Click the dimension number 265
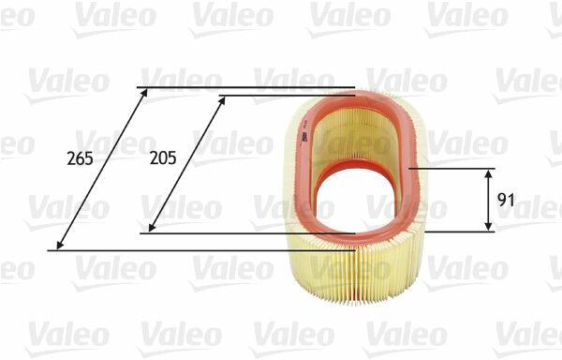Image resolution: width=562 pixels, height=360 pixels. click(80, 158)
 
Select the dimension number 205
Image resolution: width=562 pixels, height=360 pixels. click(163, 157)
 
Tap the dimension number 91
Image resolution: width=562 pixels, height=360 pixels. click(506, 200)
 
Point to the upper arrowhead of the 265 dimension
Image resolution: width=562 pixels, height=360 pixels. click(144, 93)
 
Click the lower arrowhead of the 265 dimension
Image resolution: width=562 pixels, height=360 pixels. click(60, 245)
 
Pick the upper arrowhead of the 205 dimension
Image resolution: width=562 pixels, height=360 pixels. click(222, 100)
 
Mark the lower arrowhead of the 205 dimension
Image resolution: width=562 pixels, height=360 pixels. click(153, 227)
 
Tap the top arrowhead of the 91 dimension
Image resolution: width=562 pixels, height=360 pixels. click(488, 174)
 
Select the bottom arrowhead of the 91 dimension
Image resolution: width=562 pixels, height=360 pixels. click(488, 226)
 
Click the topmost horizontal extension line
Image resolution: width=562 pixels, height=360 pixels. click(245, 87)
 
